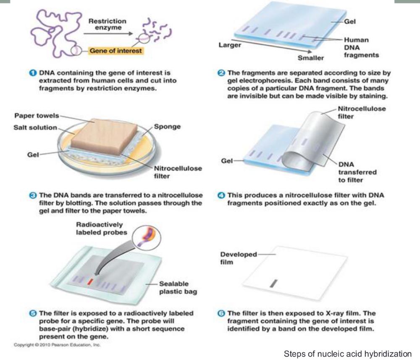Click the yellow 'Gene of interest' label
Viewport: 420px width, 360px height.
click(116, 51)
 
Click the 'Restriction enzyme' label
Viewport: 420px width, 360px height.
click(108, 24)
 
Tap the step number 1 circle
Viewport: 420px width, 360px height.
click(33, 73)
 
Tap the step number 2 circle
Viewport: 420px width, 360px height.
click(221, 73)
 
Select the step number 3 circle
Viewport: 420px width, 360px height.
click(33, 195)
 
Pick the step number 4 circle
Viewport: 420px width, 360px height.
click(221, 195)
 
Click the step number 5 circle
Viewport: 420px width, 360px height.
click(33, 313)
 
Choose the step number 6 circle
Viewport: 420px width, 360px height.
click(221, 313)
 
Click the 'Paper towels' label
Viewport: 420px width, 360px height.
click(37, 116)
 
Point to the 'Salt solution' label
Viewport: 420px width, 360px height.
click(35, 128)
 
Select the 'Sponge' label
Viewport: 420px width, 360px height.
click(167, 127)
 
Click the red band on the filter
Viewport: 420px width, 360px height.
click(90, 281)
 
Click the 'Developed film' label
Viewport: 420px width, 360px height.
click(239, 258)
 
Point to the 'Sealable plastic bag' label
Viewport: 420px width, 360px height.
click(178, 288)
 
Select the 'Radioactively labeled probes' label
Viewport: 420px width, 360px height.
click(101, 229)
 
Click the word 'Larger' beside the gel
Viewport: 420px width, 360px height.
click(230, 45)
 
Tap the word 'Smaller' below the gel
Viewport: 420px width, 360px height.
click(311, 58)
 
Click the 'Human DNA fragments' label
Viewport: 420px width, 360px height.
click(361, 47)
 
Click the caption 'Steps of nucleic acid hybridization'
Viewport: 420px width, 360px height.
click(348, 354)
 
